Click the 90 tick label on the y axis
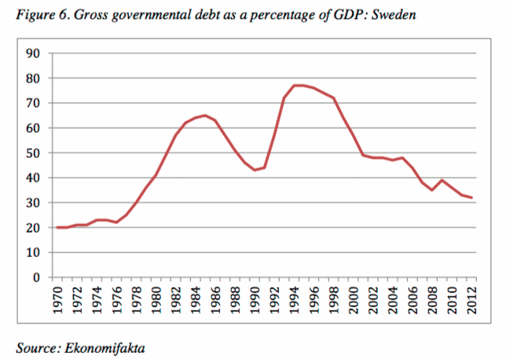pos(34,53)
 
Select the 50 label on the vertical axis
pos(34,153)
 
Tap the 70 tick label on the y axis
pos(34,103)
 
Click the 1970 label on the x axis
pos(57,298)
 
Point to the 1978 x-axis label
pos(137,298)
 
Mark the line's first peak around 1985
pos(206,116)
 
